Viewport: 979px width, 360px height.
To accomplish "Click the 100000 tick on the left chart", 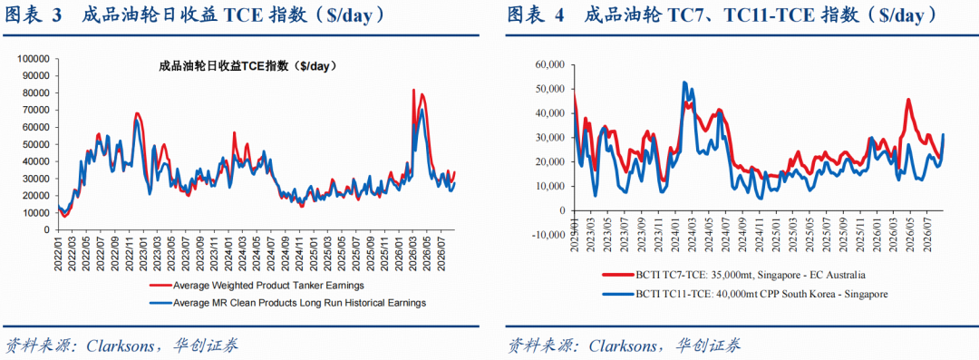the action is pyautogui.click(x=37, y=59).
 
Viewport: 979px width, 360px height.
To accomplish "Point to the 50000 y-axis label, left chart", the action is pyautogui.click(x=39, y=144).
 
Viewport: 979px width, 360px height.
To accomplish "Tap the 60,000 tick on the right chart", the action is pyautogui.click(x=550, y=64).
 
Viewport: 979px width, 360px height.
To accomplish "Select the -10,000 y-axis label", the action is pyautogui.click(x=548, y=235).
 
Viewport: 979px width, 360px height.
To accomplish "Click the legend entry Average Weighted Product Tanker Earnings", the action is pyautogui.click(x=256, y=285).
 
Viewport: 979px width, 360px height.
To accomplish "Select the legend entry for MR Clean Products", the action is pyautogui.click(x=287, y=303).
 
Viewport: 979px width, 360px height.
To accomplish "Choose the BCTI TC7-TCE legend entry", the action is pyautogui.click(x=733, y=275).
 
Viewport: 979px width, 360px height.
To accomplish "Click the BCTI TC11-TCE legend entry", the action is pyautogui.click(x=745, y=293).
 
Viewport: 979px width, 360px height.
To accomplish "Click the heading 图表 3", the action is pyautogui.click(x=34, y=15).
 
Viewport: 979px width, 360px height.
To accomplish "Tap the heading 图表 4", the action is pyautogui.click(x=535, y=15).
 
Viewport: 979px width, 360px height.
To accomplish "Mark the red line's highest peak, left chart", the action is pyautogui.click(x=413, y=90).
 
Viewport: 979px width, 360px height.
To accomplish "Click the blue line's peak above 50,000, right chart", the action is pyautogui.click(x=684, y=82).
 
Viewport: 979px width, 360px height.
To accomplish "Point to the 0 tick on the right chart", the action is pyautogui.click(x=561, y=210).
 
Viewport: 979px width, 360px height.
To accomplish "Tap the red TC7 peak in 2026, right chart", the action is pyautogui.click(x=908, y=100).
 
